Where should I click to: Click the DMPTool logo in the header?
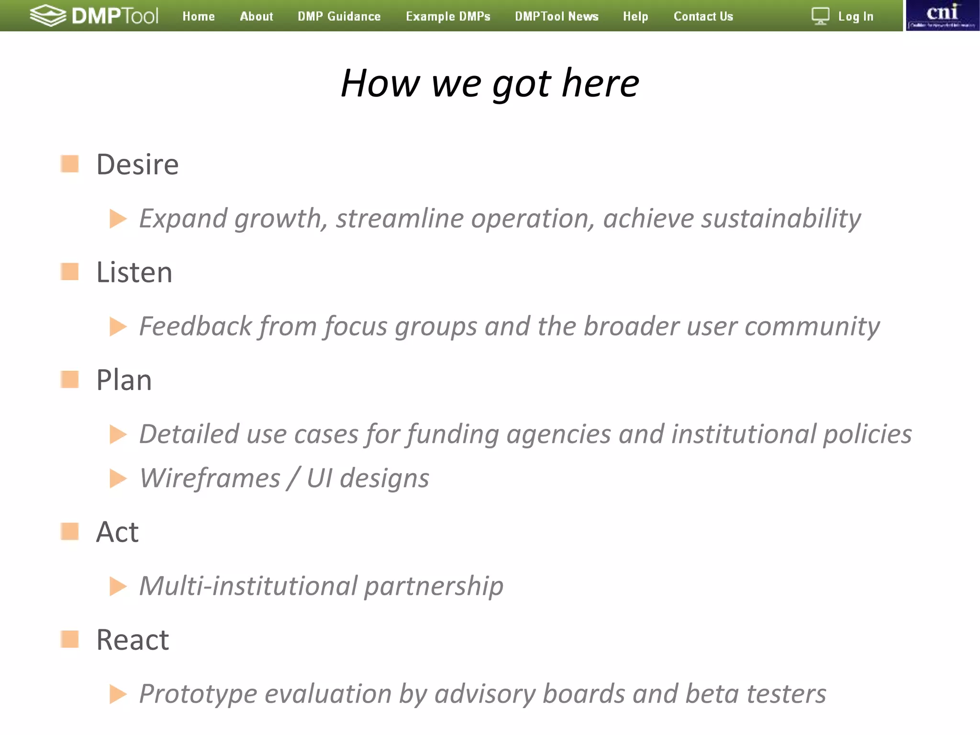point(94,16)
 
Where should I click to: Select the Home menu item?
point(199,16)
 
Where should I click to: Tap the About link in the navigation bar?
point(256,16)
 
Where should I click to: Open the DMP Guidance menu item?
point(339,16)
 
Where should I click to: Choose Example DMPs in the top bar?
point(448,16)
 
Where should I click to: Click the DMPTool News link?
point(557,16)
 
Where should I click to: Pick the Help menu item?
point(635,16)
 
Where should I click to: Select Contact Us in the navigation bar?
point(703,16)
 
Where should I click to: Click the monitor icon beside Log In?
point(820,16)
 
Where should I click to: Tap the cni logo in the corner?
point(942,15)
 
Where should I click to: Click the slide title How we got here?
point(490,83)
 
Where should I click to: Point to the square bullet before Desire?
point(70,164)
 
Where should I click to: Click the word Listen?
point(134,272)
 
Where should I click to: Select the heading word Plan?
point(124,380)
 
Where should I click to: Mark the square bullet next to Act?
point(70,531)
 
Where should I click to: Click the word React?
point(133,640)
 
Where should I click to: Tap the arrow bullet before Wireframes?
point(118,479)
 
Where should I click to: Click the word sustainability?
point(781,219)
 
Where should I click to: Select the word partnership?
point(434,586)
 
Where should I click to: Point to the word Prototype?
point(198,694)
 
